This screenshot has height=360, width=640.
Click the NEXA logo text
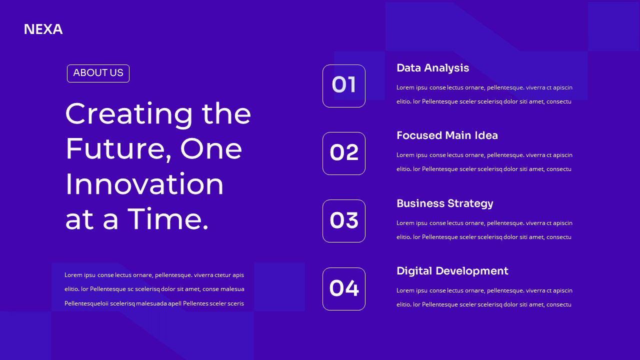pyautogui.click(x=43, y=29)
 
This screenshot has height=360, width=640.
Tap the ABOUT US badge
pyautogui.click(x=98, y=73)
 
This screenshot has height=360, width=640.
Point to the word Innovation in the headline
pyautogui.click(x=144, y=184)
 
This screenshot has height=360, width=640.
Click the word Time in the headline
pyautogui.click(x=167, y=219)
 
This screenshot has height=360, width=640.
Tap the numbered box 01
pyautogui.click(x=344, y=86)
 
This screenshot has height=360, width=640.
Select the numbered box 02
pyautogui.click(x=344, y=153)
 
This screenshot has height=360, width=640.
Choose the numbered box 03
pyautogui.click(x=344, y=221)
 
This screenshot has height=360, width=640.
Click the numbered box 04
pyautogui.click(x=344, y=289)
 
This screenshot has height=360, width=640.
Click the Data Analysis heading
pyautogui.click(x=432, y=68)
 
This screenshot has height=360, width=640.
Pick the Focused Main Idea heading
pyautogui.click(x=447, y=135)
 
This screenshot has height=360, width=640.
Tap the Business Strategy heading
pyautogui.click(x=444, y=203)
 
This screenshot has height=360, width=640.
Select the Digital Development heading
pyautogui.click(x=452, y=271)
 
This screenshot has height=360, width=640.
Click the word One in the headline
pyautogui.click(x=211, y=149)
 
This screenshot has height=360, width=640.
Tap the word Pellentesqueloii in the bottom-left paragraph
pyautogui.click(x=86, y=303)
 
